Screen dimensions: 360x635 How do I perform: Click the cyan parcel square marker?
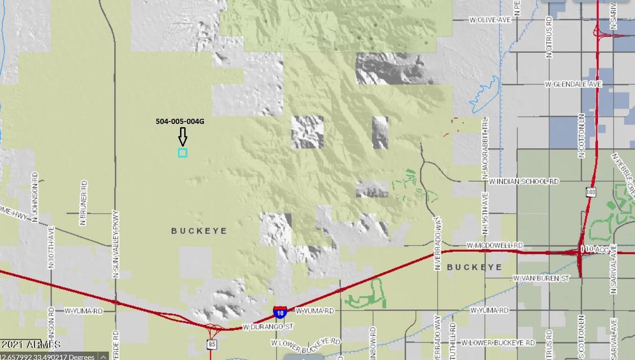[x=183, y=153]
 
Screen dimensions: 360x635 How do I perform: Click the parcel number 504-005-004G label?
[x=180, y=121]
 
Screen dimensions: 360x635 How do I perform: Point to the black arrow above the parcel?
[x=183, y=137]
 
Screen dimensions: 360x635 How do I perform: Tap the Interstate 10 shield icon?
[x=279, y=312]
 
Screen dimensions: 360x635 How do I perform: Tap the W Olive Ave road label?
[x=490, y=20]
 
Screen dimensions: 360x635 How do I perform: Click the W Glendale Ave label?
[x=573, y=84]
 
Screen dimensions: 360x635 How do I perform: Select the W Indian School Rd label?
[x=523, y=182]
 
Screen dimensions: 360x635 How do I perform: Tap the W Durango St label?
[x=268, y=327]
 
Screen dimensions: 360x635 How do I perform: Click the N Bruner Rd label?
[x=84, y=203]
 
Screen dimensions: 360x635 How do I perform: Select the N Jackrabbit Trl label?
[x=485, y=148]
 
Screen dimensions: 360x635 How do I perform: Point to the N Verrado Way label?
[x=437, y=243]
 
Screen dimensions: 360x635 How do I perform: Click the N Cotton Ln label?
[x=581, y=136]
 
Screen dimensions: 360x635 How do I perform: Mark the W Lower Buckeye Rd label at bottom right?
[x=498, y=343]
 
